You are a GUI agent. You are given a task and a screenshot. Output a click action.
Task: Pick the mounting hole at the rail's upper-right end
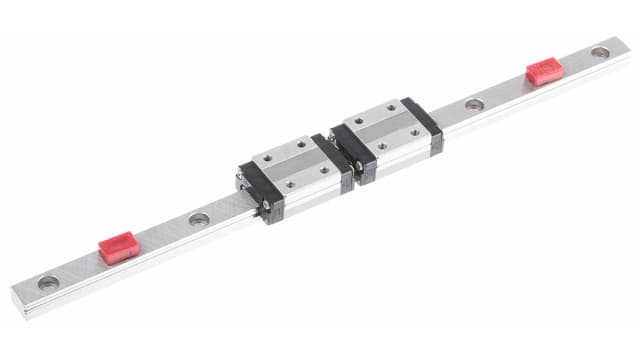(599, 51)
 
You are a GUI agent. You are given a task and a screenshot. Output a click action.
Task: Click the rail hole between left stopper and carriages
(199, 218)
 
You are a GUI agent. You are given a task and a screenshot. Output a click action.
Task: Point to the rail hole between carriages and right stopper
(473, 103)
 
